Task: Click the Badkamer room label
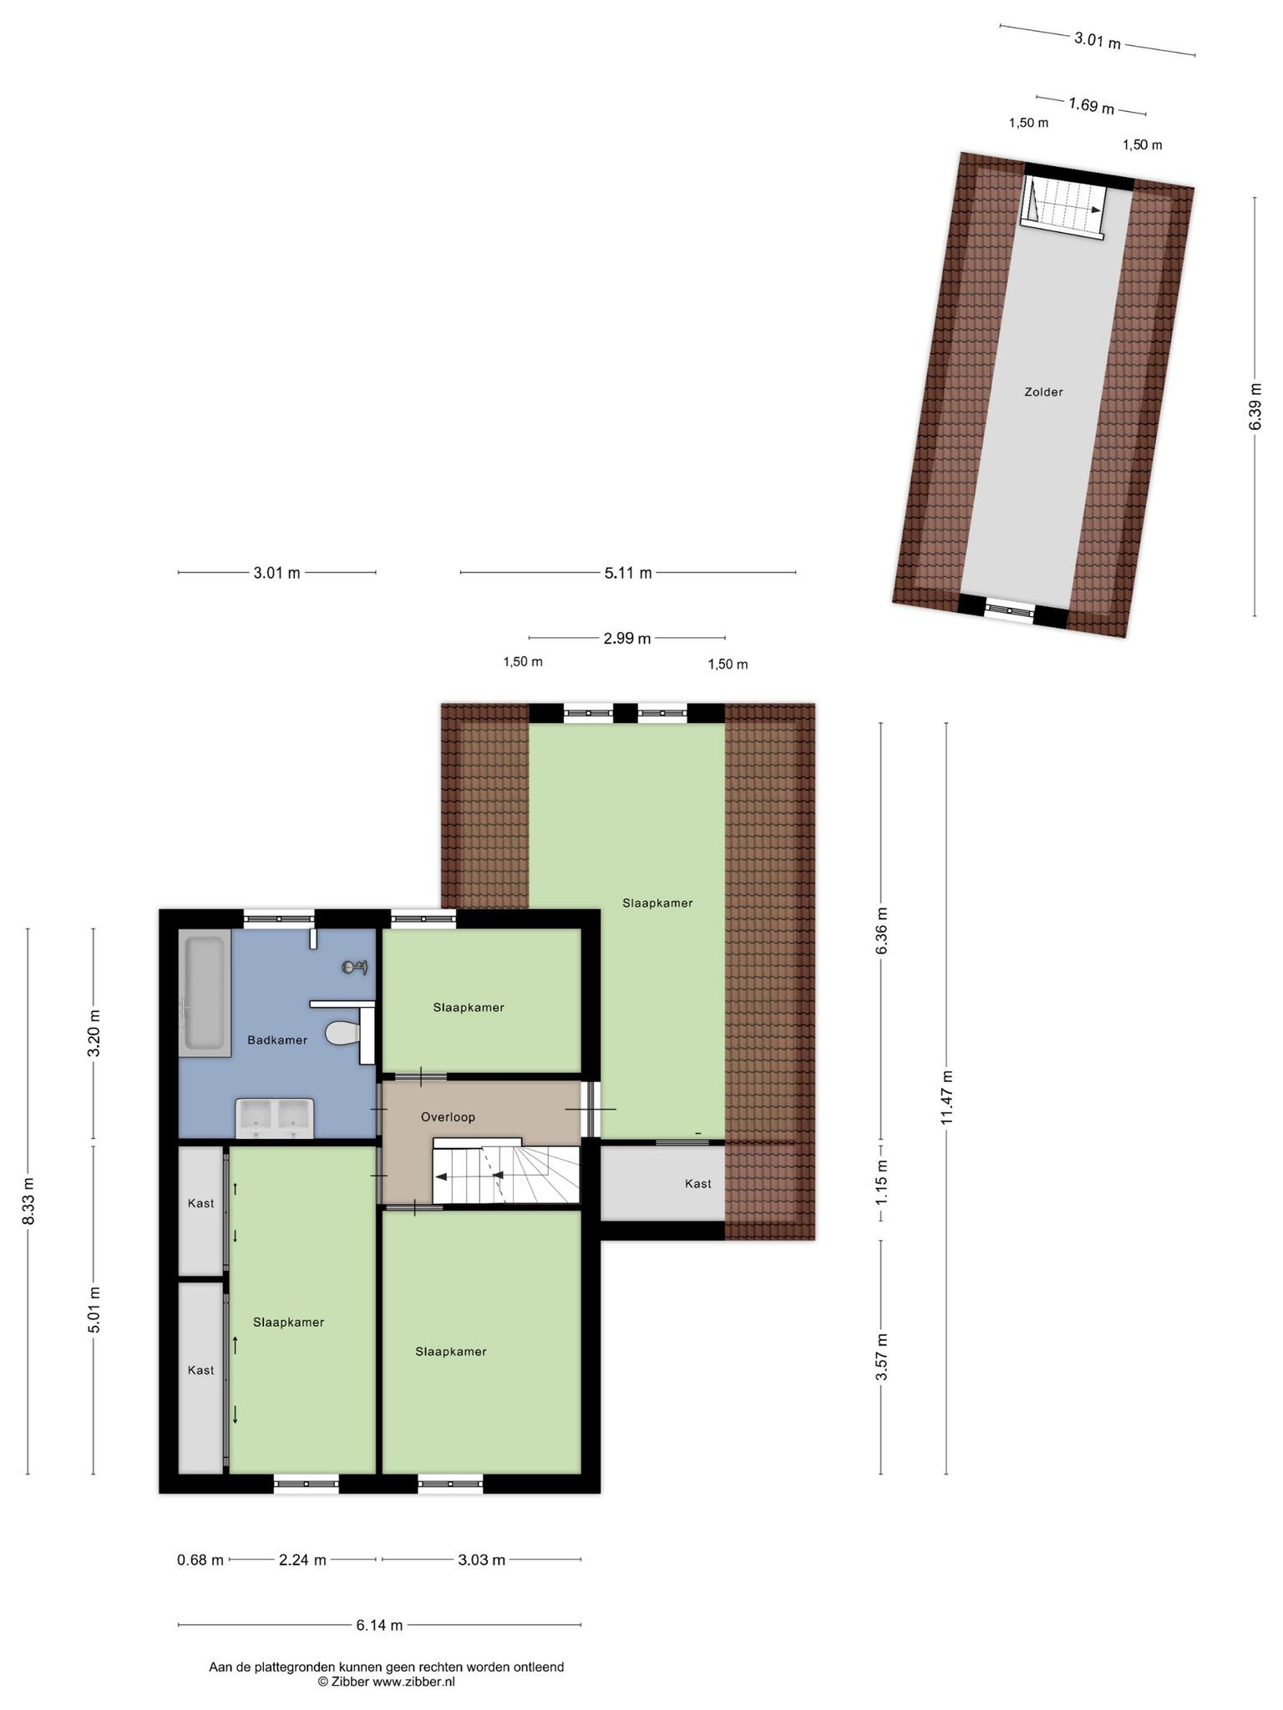point(277,1040)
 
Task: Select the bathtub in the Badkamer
point(205,993)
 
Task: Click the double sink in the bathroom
point(275,1118)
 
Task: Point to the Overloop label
point(448,1116)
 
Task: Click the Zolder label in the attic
point(1044,392)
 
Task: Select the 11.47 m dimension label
point(946,1098)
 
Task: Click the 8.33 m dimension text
point(28,1202)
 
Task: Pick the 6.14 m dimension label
point(379,1625)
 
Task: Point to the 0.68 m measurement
point(200,1560)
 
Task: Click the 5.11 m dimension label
point(628,573)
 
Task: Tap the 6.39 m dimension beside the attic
point(1255,407)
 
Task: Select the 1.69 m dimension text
point(1092,106)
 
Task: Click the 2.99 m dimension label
point(627,639)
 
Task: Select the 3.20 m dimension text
point(94,1033)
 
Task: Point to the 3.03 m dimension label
point(482,1560)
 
